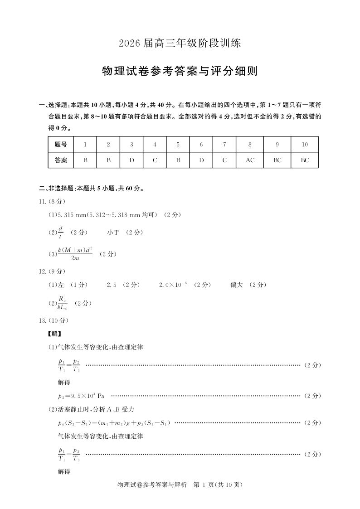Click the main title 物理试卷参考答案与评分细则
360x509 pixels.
[180, 71]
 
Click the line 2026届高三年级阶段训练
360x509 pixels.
[180, 44]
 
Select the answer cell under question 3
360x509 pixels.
[131, 160]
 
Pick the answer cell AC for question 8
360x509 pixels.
[250, 160]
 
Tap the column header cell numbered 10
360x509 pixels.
[305, 145]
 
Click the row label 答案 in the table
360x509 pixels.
[60, 160]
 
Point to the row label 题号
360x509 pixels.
[60, 145]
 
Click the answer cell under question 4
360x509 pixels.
[155, 160]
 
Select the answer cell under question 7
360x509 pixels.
[224, 160]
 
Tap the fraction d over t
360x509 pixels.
[60, 233]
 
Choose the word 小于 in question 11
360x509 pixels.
[113, 233]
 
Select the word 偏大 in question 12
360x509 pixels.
[237, 285]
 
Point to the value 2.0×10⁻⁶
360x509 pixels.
[173, 285]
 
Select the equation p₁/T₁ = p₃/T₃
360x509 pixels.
[69, 454]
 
